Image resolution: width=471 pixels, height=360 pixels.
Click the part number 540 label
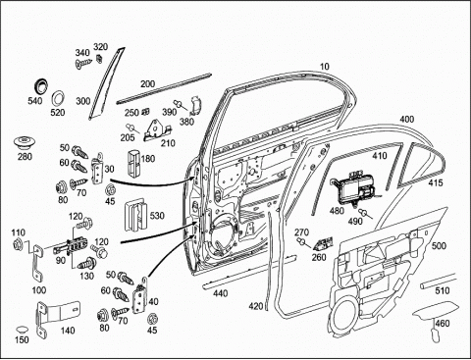pos(35,101)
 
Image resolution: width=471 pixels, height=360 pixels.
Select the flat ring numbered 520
pos(59,98)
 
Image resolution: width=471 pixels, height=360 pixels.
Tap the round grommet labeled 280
pos(25,143)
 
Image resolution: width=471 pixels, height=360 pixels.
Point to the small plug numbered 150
pos(23,330)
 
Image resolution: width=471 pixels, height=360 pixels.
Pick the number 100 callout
pos(39,290)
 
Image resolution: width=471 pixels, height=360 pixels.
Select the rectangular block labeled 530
pos(135,215)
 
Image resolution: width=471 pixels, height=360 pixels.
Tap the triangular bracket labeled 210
pos(158,130)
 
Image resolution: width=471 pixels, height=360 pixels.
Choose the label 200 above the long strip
pos(147,84)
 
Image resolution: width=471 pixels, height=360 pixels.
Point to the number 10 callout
pos(324,67)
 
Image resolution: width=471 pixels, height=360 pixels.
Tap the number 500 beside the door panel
pos(439,245)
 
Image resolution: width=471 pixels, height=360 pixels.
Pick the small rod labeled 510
pos(438,281)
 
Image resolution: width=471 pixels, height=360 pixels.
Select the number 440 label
pos(220,293)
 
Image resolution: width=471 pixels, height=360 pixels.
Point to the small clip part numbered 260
pos(323,243)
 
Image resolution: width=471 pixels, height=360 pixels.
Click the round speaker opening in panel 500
pos(345,315)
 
